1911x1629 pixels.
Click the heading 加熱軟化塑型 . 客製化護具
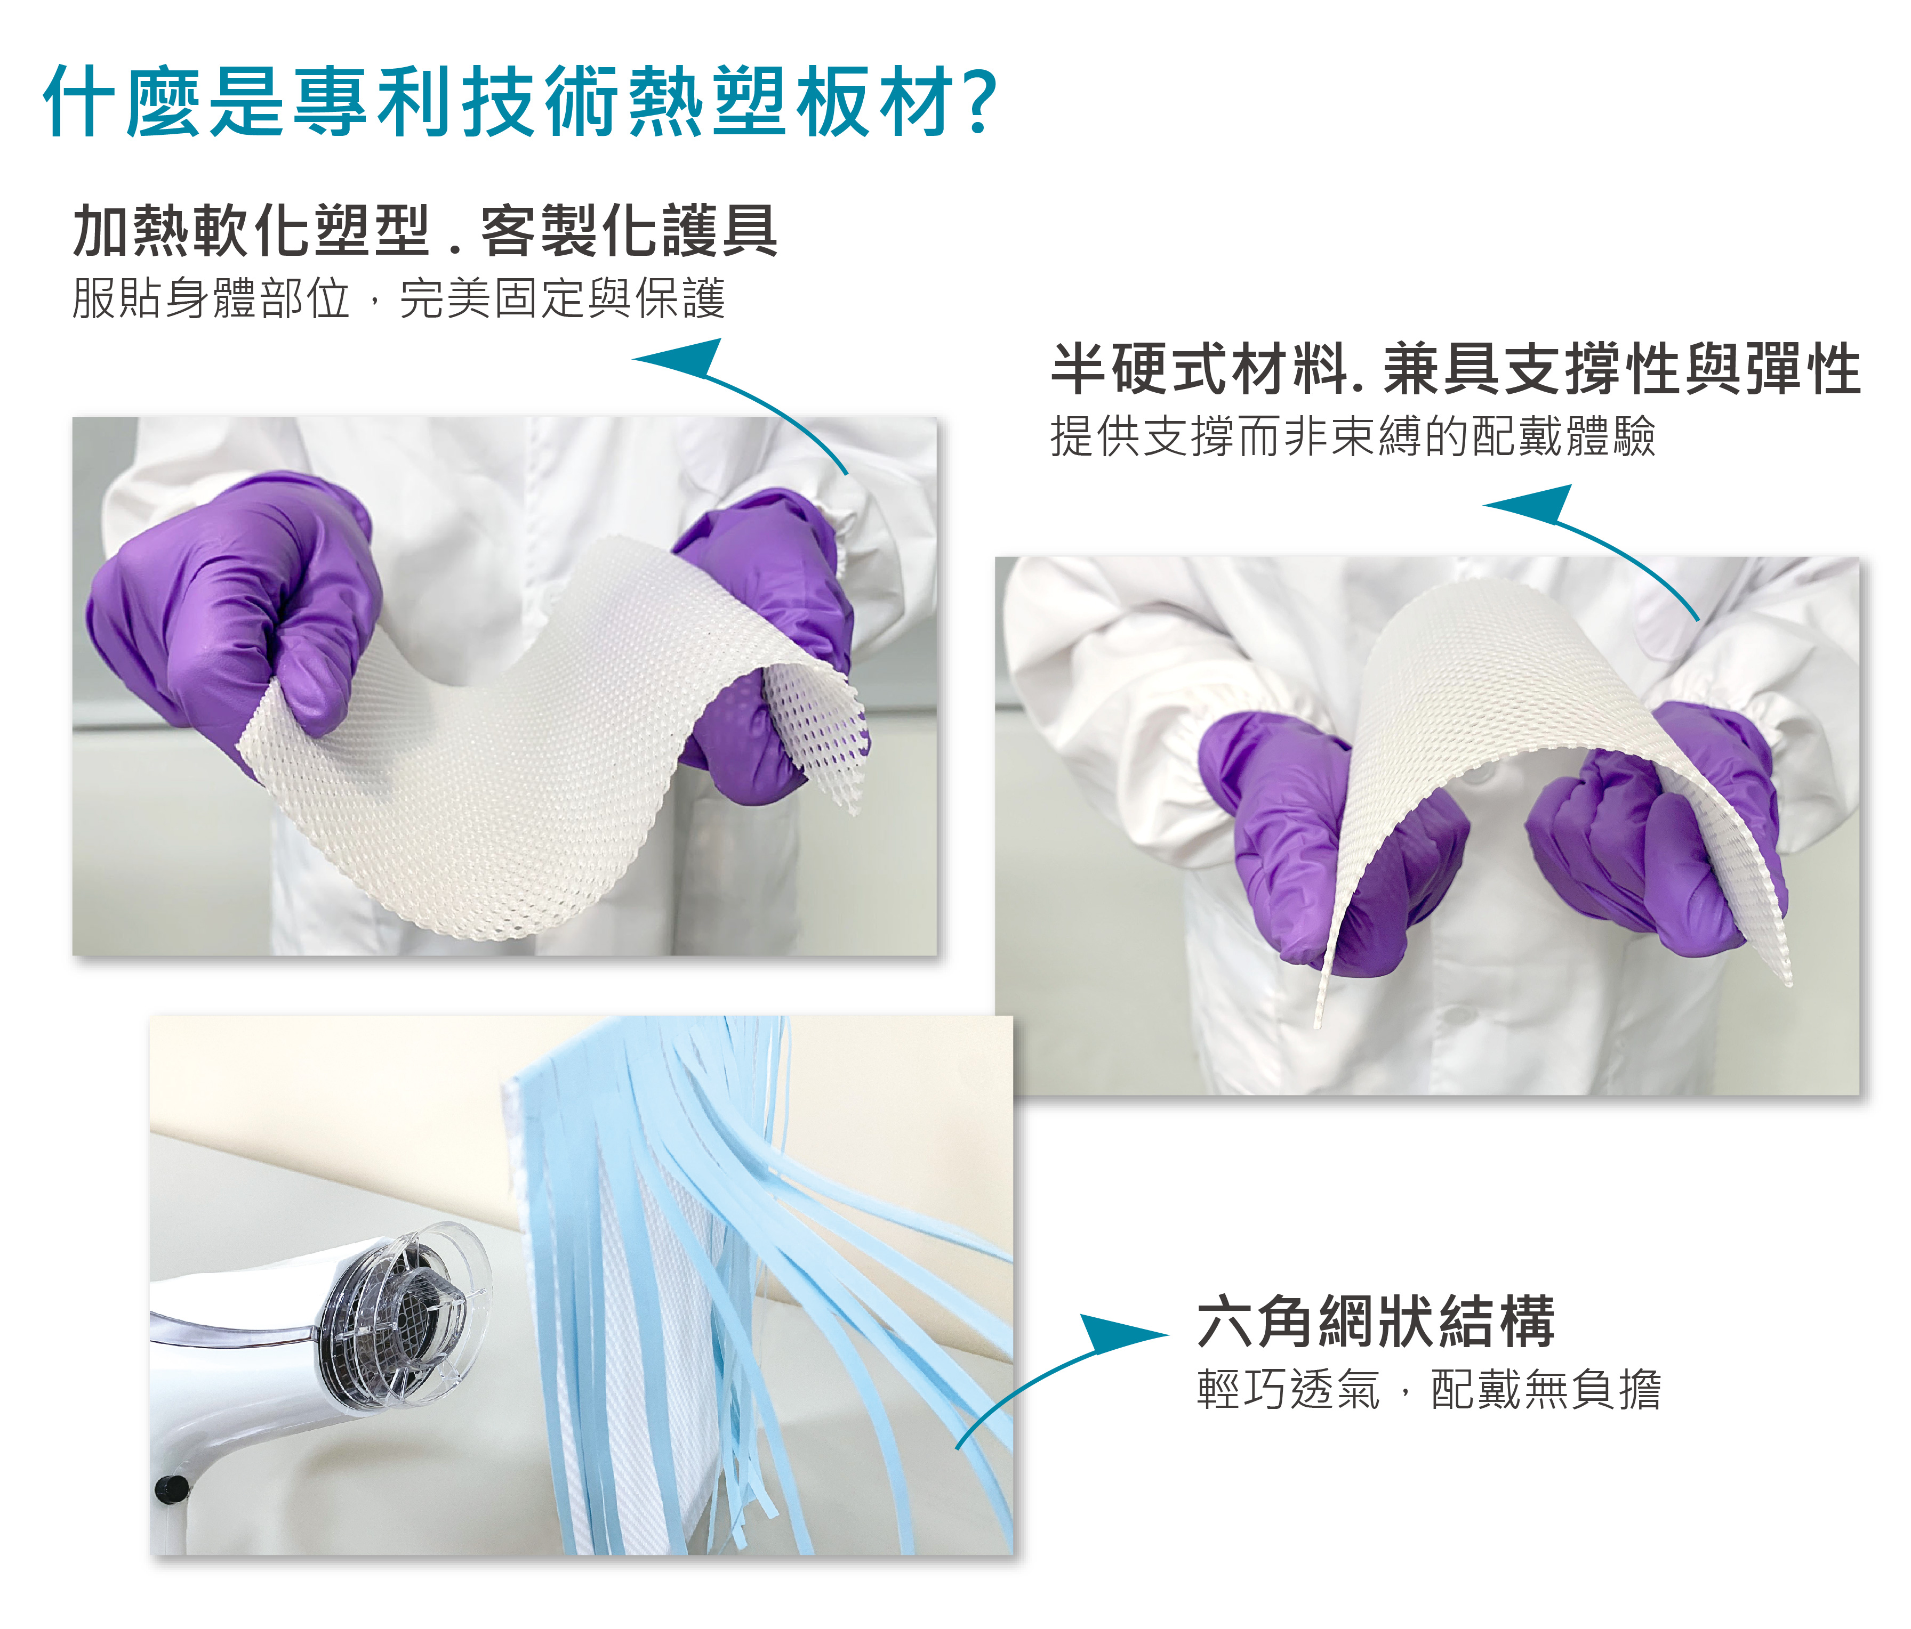point(425,231)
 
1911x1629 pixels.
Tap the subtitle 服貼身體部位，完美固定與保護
point(398,298)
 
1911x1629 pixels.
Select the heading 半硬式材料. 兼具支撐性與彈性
point(1456,369)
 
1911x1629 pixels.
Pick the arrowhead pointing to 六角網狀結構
point(1119,1334)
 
